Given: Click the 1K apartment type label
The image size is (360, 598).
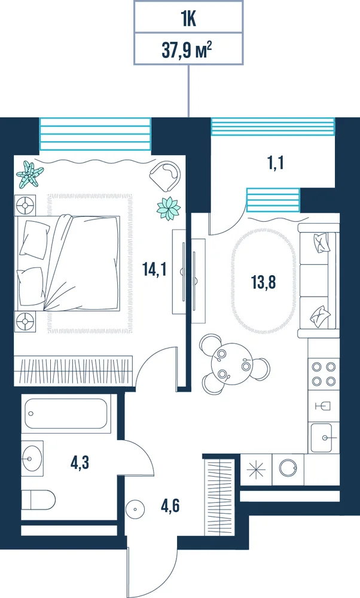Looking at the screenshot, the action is pyautogui.click(x=188, y=19).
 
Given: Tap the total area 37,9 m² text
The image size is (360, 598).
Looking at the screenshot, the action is pyautogui.click(x=187, y=50).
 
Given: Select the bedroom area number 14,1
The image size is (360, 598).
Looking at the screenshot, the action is pyautogui.click(x=154, y=270).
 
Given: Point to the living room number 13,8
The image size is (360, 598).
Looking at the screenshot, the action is pyautogui.click(x=263, y=282).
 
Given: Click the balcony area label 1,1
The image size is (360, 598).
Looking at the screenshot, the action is pyautogui.click(x=276, y=164).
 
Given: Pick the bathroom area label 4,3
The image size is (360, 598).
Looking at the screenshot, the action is pyautogui.click(x=80, y=463).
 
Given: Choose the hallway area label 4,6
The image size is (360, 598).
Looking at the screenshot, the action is pyautogui.click(x=170, y=506).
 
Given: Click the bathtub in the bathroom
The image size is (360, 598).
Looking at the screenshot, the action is pyautogui.click(x=66, y=414).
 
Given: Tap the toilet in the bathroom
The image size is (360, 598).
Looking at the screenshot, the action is pyautogui.click(x=38, y=499).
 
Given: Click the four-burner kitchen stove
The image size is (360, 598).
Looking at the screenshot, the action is pyautogui.click(x=324, y=374).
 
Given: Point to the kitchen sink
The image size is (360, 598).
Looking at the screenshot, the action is pyautogui.click(x=324, y=438).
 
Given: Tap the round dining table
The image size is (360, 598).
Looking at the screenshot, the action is pyautogui.click(x=231, y=364).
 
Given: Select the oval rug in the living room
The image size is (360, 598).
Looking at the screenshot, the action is pyautogui.click(x=263, y=281).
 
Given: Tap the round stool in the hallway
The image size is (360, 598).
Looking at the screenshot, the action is pyautogui.click(x=135, y=508).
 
